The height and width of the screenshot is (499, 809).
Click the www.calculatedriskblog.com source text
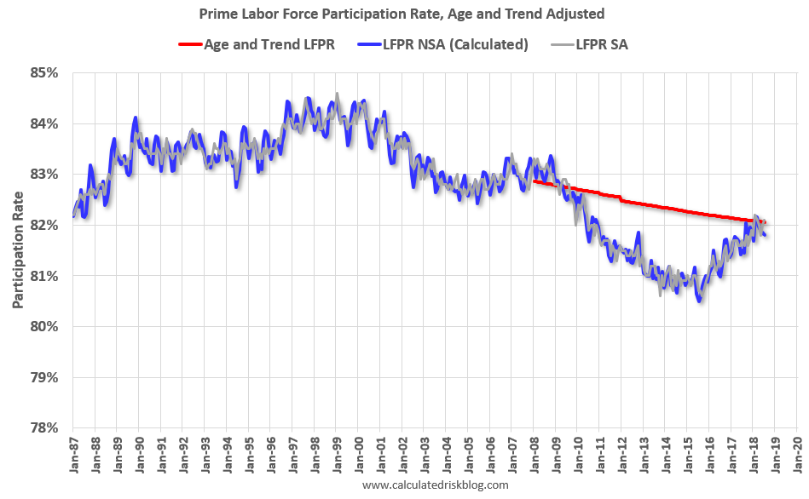click(435, 485)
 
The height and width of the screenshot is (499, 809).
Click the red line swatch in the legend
click(189, 44)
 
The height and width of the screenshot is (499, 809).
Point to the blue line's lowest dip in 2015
click(700, 301)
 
